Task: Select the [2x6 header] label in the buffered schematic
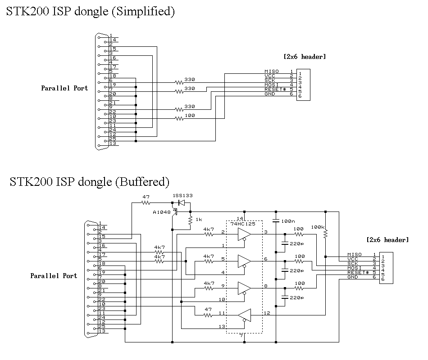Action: [387, 240]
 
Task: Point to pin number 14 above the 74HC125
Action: [240, 218]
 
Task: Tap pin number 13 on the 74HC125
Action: [222, 326]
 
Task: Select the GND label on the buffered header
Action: [353, 277]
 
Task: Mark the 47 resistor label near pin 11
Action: [208, 310]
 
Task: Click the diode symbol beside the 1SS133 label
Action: [182, 203]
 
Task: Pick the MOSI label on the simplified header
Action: [272, 85]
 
